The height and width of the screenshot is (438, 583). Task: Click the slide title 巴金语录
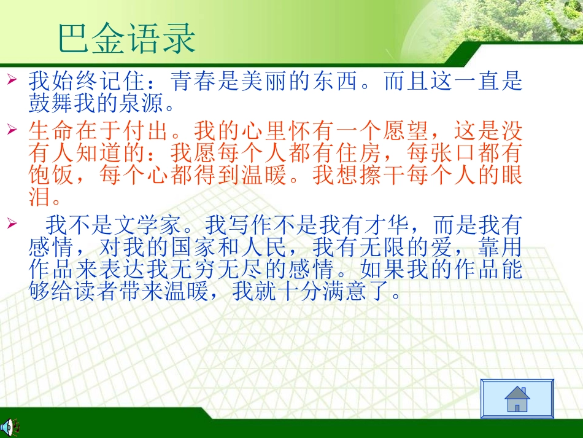tap(126, 39)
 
